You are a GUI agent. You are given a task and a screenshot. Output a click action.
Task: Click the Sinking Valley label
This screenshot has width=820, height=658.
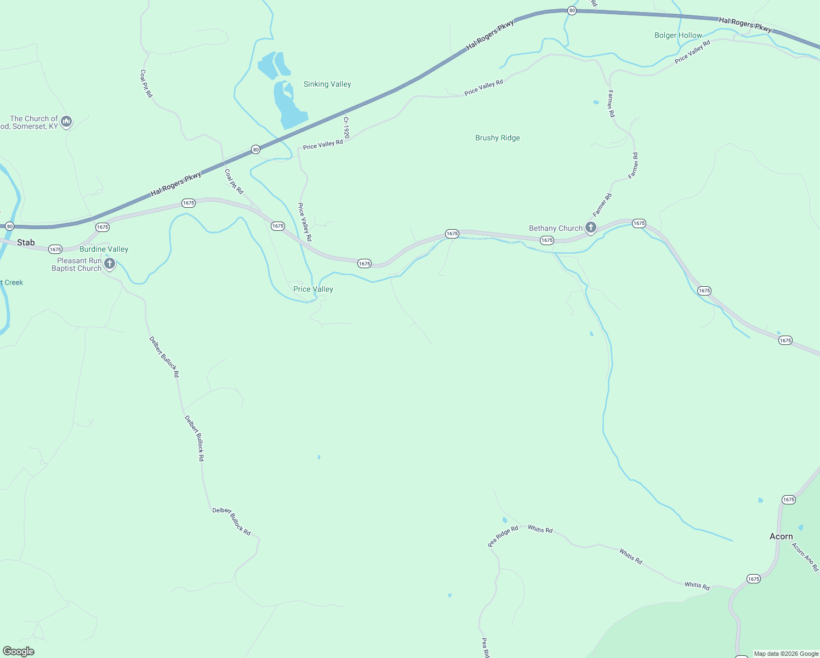[327, 84]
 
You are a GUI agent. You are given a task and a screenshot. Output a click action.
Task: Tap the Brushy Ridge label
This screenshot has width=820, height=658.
[497, 138]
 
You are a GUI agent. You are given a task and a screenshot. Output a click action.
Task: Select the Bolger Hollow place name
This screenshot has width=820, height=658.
[678, 35]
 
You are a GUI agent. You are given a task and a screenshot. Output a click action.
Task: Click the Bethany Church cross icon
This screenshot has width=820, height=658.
[590, 227]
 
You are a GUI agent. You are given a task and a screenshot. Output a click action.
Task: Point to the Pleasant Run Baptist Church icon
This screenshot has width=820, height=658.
[110, 264]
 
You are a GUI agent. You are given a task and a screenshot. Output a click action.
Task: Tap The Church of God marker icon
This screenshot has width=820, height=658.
[66, 121]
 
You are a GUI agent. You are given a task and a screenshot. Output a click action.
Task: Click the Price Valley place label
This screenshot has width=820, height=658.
[313, 289]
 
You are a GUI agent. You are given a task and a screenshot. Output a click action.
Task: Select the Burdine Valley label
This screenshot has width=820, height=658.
[104, 249]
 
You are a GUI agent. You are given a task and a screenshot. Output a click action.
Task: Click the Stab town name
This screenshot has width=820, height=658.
[26, 242]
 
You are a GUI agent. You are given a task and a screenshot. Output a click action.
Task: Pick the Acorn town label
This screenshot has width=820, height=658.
[781, 536]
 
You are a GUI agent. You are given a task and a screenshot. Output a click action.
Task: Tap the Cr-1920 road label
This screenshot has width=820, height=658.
[346, 127]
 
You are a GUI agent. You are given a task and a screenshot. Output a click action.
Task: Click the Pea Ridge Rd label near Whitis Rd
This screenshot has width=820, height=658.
[503, 536]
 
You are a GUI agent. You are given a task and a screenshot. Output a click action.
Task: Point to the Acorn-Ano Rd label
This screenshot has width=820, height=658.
[805, 557]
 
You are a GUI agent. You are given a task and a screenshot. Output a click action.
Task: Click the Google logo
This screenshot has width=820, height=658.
[19, 651]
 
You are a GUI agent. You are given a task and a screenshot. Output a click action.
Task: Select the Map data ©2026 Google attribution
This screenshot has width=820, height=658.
[786, 654]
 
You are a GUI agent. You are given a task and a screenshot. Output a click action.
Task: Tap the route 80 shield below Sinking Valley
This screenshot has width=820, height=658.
[255, 150]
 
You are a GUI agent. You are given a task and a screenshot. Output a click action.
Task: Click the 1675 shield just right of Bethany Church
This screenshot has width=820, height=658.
[639, 223]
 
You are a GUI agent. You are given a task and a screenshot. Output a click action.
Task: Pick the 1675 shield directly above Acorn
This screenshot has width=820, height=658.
[789, 500]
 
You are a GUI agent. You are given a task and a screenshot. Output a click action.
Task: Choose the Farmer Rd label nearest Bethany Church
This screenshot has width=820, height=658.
[602, 205]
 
